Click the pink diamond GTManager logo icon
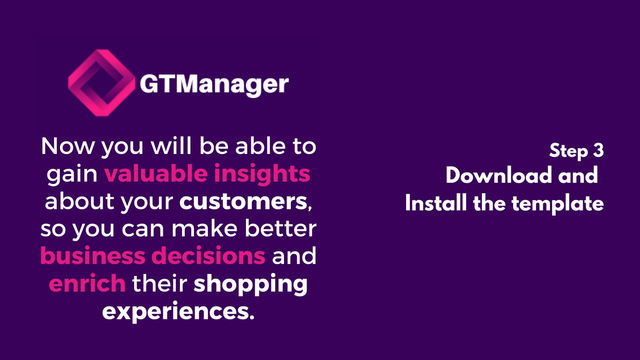(101, 83)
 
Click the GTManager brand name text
(214, 83)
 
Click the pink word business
(92, 256)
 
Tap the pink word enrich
(87, 283)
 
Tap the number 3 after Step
(598, 150)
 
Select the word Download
(491, 176)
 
